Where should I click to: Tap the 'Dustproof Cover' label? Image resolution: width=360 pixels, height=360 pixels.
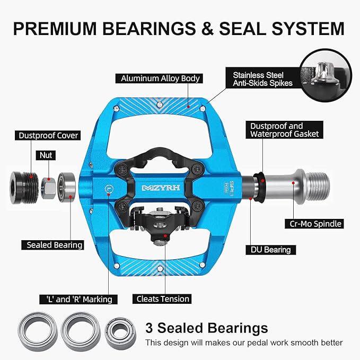click(48, 135)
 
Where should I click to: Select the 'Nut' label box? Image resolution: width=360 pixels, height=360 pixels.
click(46, 155)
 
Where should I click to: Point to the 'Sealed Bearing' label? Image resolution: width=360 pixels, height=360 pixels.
click(52, 245)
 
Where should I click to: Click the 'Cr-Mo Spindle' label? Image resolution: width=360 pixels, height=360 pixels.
click(314, 224)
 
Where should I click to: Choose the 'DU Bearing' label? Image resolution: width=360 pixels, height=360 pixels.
click(271, 250)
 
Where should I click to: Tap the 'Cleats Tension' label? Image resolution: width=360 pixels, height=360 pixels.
click(162, 299)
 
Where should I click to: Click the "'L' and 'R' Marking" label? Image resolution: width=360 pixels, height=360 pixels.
click(78, 300)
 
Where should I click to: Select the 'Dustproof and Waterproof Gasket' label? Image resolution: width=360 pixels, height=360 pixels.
click(285, 130)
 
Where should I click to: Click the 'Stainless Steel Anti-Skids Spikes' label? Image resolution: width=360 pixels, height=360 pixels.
click(262, 79)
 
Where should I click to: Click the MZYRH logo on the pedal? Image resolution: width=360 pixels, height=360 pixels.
click(161, 188)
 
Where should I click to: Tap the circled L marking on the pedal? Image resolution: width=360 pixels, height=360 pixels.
click(109, 189)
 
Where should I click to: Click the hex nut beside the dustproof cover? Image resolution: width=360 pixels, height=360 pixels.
click(48, 188)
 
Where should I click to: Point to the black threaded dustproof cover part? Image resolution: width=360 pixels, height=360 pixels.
click(24, 188)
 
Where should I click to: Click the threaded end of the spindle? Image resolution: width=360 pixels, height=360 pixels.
click(318, 187)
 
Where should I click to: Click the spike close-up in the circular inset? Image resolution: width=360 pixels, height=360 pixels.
click(326, 76)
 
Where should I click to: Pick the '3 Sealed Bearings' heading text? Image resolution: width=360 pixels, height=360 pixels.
click(207, 328)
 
